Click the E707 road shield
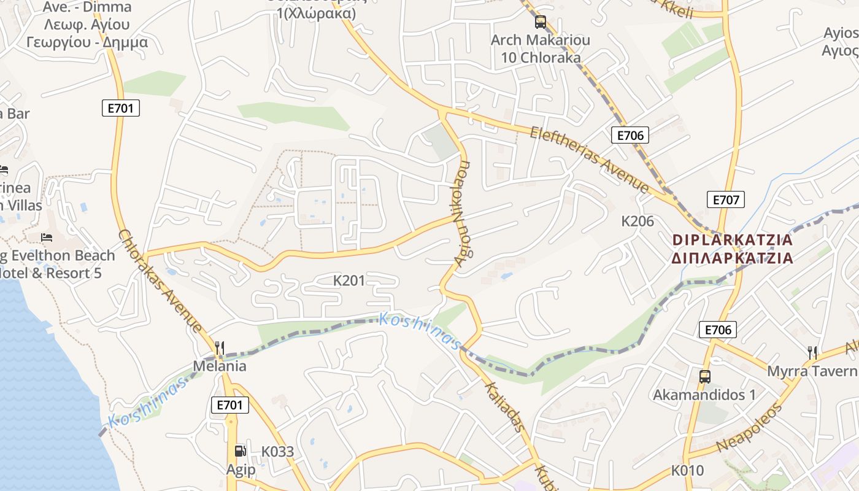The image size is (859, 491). (726, 199)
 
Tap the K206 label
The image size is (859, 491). (638, 221)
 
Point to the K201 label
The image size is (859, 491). (349, 280)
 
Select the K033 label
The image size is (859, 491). (277, 452)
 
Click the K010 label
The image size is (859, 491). (687, 471)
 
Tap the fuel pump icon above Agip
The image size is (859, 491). (240, 451)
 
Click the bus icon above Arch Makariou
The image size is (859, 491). (540, 22)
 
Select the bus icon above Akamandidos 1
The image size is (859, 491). (704, 376)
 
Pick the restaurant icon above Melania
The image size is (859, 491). (220, 348)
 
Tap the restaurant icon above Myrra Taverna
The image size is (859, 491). (812, 352)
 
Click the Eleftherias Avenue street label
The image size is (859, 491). (589, 159)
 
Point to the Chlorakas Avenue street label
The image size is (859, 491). (160, 281)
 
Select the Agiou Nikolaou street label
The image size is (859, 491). (461, 214)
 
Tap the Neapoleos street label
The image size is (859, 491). (750, 427)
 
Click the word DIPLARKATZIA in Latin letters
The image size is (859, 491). (733, 240)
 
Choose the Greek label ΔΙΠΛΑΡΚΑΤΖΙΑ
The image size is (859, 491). (733, 258)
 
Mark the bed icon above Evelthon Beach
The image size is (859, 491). (47, 238)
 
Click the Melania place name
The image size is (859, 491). (220, 366)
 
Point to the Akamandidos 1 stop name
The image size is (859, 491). (704, 395)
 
